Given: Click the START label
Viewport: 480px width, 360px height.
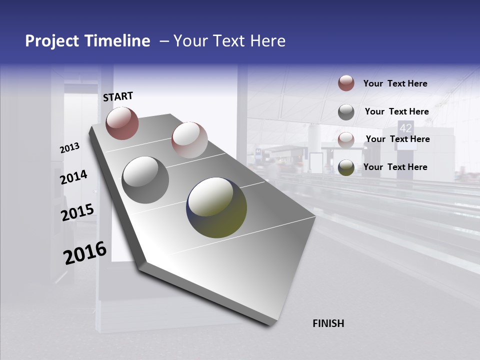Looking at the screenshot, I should click(x=118, y=96).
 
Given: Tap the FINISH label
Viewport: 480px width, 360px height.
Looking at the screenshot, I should click(x=328, y=323).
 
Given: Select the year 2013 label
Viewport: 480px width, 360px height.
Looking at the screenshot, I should click(x=70, y=147).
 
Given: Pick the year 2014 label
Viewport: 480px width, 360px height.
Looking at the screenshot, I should click(x=73, y=177).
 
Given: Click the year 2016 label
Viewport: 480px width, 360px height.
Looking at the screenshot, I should click(x=85, y=253).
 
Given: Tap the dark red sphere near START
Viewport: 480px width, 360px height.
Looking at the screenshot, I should click(x=122, y=123).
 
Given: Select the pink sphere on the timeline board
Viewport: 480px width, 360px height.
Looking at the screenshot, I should click(x=189, y=139).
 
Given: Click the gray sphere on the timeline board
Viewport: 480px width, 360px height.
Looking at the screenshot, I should click(x=145, y=180).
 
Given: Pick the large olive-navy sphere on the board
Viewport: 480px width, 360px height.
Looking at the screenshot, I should click(x=216, y=207).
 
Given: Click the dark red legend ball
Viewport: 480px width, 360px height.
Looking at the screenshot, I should click(x=346, y=83).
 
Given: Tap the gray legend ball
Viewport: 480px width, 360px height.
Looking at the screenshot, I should click(x=346, y=112).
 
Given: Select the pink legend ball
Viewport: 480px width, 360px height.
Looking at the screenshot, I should click(x=346, y=140).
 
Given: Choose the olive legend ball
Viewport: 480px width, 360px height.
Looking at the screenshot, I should click(x=346, y=167).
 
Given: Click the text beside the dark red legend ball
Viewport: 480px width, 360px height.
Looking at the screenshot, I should click(x=395, y=84).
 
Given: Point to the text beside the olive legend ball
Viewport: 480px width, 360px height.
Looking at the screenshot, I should click(x=395, y=167).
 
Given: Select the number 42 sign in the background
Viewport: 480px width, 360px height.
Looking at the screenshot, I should click(x=405, y=127).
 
